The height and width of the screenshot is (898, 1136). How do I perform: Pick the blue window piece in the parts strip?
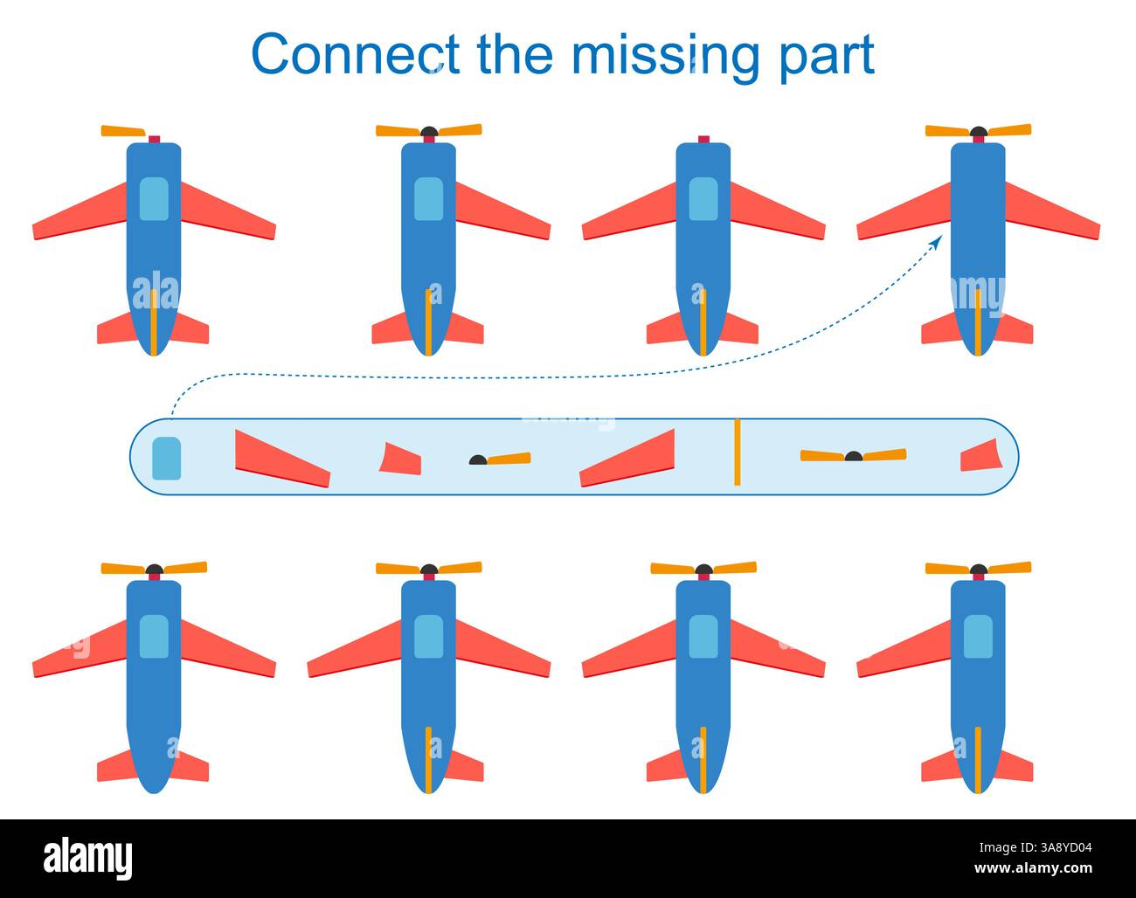pyautogui.click(x=166, y=459)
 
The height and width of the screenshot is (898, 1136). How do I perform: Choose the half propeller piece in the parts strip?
pyautogui.click(x=501, y=459)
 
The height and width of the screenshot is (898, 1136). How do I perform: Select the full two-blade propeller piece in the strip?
pyautogui.click(x=853, y=455)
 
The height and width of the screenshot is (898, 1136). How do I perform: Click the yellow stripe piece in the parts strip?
pyautogui.click(x=737, y=452)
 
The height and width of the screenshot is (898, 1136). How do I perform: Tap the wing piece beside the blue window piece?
pyautogui.click(x=281, y=459)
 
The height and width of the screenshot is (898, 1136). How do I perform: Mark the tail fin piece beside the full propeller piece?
pyautogui.click(x=980, y=456)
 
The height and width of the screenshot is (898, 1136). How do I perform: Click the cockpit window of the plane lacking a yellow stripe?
pyautogui.click(x=154, y=636)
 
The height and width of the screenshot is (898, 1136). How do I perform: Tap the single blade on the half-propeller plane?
pyautogui.click(x=123, y=131)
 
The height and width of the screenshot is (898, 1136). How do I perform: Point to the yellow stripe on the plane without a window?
pyautogui.click(x=978, y=322)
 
